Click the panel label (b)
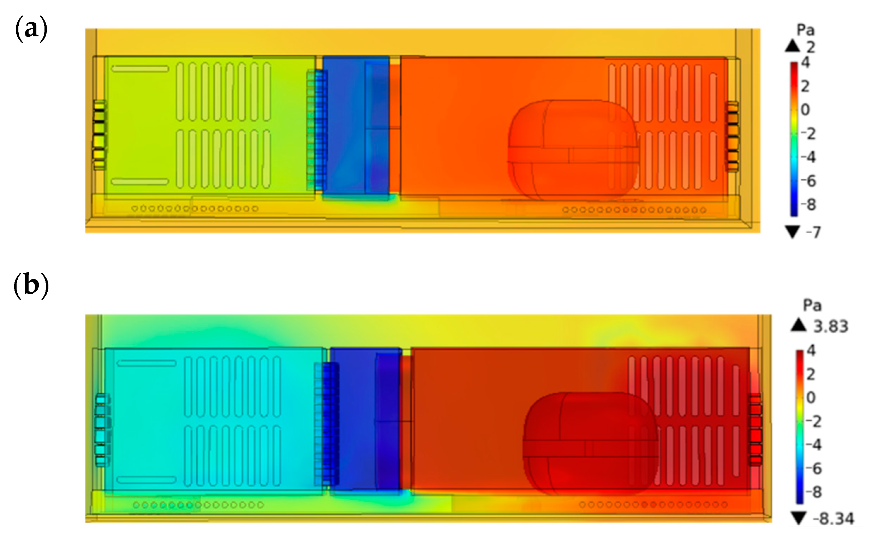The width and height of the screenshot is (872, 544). (x=31, y=286)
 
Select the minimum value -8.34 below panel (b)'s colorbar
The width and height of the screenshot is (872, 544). (x=833, y=519)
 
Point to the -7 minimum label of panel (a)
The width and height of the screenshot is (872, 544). (x=813, y=232)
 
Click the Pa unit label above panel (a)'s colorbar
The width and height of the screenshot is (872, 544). (x=806, y=30)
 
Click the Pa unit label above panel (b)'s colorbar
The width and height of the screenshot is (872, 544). (x=812, y=306)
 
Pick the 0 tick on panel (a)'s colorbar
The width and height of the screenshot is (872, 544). (x=805, y=109)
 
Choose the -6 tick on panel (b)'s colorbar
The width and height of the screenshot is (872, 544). (x=813, y=469)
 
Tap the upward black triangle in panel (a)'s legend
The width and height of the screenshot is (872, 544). (x=793, y=46)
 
